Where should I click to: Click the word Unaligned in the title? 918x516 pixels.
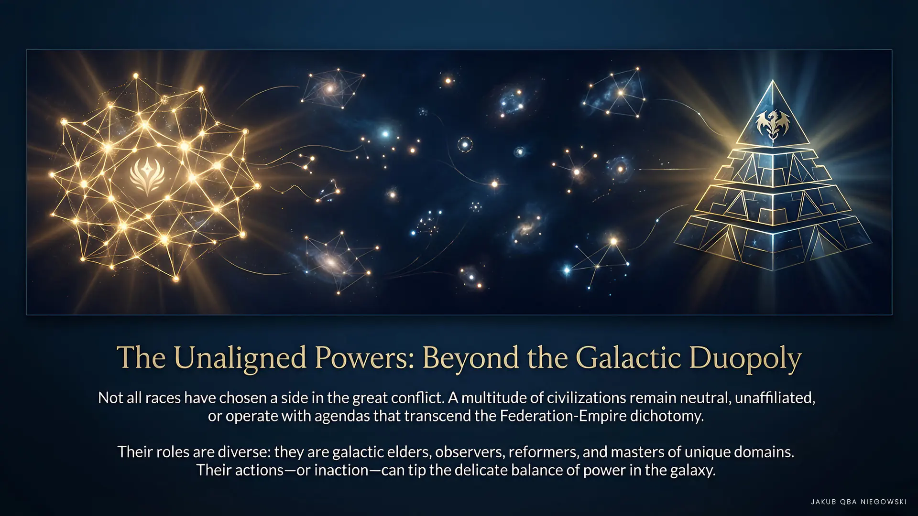point(240,358)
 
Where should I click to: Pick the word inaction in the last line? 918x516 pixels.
point(341,471)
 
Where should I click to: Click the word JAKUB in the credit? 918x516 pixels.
point(823,502)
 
